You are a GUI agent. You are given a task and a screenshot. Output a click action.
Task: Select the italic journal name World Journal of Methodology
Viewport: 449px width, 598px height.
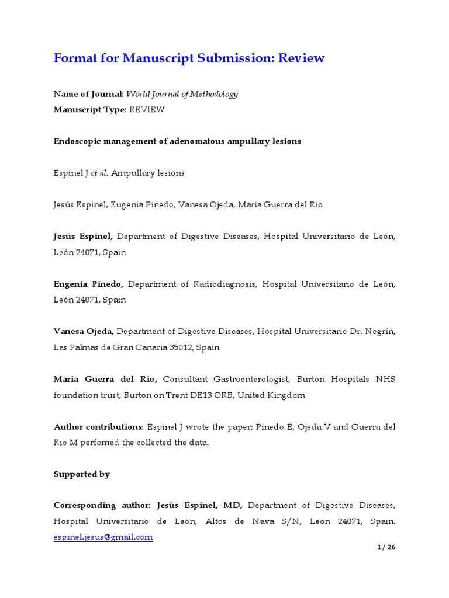(182, 94)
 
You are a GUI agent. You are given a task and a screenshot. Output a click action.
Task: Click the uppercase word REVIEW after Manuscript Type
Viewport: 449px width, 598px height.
(147, 110)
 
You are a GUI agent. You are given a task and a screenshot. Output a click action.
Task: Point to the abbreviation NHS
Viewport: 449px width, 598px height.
(386, 379)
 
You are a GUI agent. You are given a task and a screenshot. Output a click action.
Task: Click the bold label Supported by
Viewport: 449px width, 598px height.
(82, 474)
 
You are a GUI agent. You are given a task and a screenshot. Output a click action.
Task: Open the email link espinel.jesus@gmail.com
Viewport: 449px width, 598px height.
(103, 537)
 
